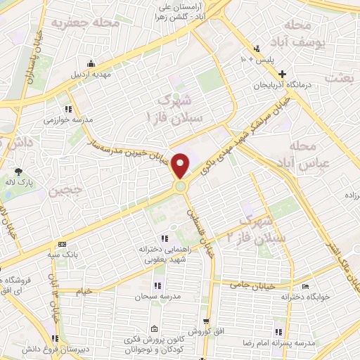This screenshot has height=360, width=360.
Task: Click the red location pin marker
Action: point(181,166)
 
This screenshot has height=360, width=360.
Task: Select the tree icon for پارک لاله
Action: point(18,171)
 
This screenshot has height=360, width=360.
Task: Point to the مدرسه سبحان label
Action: point(158,297)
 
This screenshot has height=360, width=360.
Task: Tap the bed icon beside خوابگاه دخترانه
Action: point(305,286)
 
